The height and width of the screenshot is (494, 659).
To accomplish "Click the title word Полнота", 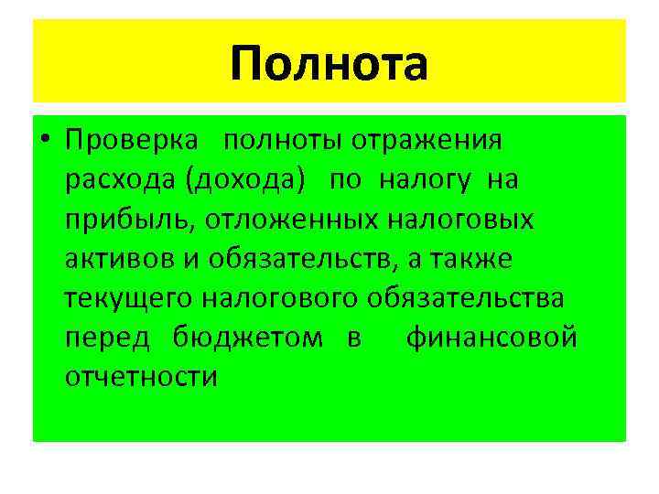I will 329,63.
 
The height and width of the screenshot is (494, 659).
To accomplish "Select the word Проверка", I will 130,141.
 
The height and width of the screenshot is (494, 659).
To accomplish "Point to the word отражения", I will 423,142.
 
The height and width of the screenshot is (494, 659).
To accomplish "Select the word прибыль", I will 131,220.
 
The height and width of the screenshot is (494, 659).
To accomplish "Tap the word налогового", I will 282,299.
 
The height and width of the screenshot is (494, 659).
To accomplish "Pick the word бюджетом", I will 247,338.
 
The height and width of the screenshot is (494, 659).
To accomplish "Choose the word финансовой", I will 492,338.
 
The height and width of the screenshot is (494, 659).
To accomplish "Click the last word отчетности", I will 142,377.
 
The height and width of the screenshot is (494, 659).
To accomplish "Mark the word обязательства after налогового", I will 466,299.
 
